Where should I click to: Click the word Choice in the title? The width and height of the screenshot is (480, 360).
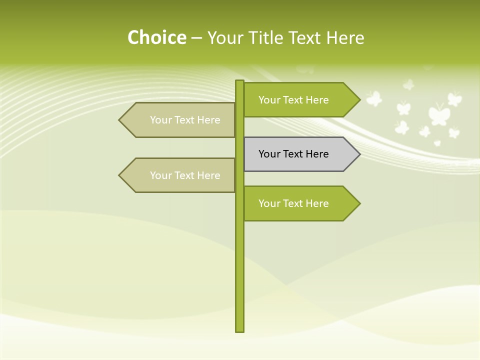(156, 37)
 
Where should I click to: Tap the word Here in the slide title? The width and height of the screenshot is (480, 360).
(345, 37)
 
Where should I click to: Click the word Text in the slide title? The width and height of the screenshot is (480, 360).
(304, 37)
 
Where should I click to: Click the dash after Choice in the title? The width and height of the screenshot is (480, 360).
(196, 38)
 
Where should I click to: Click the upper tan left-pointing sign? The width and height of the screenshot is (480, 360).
(180, 120)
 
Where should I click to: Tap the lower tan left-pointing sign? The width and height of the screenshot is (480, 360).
(180, 175)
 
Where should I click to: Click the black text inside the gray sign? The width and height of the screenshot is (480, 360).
(293, 154)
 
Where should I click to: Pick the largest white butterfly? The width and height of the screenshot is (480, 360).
(439, 114)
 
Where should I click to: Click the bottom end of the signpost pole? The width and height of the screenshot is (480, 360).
(240, 329)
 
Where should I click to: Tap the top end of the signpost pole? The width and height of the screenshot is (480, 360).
(240, 82)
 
